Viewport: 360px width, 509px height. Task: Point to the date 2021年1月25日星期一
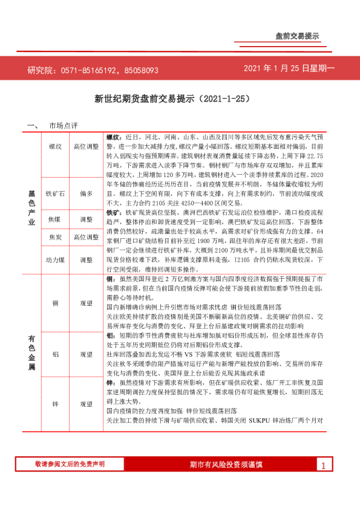coord(289,69)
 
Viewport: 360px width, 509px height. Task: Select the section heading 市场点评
coord(64,126)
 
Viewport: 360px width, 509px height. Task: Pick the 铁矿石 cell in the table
coord(56,193)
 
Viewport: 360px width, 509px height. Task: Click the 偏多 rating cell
coord(86,193)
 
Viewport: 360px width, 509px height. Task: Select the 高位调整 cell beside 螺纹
coord(86,147)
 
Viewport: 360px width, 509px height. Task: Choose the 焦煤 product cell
coord(56,219)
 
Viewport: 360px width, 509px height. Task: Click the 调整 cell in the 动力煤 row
coord(86,259)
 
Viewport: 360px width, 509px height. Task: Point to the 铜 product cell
coord(56,303)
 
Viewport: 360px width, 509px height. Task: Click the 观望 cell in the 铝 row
coord(86,354)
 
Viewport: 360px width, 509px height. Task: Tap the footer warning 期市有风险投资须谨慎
coord(226,464)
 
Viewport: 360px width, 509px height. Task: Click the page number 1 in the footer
coord(324,465)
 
